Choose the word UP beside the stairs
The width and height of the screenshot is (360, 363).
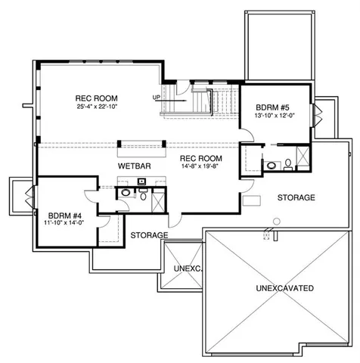point(157,97)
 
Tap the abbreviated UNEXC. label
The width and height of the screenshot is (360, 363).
point(185,268)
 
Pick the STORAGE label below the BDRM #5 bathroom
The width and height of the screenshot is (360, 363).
point(296,197)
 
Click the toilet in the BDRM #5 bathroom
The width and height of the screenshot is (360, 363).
point(289,163)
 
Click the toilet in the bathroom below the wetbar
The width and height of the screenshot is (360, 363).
point(142,194)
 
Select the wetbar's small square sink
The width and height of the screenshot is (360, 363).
point(142,181)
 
